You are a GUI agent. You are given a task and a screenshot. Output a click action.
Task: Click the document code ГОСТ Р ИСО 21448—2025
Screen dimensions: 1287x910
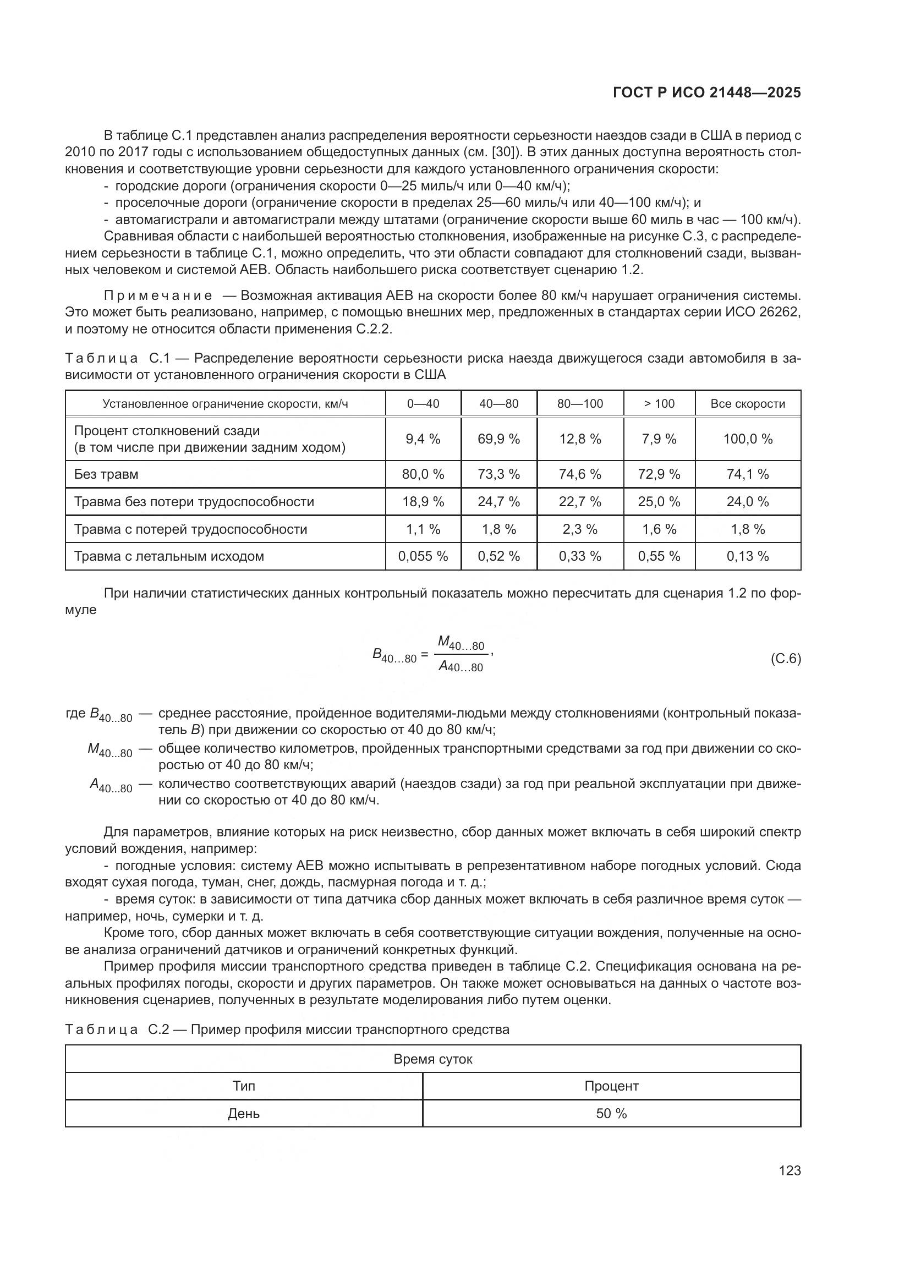pyautogui.click(x=707, y=92)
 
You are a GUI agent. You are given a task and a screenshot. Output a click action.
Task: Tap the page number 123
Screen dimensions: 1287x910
pyautogui.click(x=790, y=1170)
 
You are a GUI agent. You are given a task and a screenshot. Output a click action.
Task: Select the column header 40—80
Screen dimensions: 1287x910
pyautogui.click(x=498, y=403)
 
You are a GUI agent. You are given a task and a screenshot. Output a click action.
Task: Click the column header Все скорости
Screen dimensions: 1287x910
pyautogui.click(x=748, y=403)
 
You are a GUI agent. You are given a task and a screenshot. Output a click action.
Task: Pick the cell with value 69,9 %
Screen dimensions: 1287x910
pyautogui.click(x=498, y=439)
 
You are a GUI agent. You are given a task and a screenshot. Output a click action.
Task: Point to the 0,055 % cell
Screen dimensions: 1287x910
pyautogui.click(x=423, y=556)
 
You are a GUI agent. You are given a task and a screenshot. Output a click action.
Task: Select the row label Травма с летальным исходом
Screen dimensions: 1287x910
pyautogui.click(x=169, y=556)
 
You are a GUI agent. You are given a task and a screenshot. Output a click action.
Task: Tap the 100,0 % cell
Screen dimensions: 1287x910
pyautogui.click(x=748, y=439)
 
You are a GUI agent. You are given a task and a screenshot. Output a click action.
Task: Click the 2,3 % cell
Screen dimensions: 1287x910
pyautogui.click(x=580, y=529)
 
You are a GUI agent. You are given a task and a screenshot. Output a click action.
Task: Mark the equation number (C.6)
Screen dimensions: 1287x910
pyautogui.click(x=786, y=659)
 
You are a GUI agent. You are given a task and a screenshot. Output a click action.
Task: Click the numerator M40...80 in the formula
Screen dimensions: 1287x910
pyautogui.click(x=461, y=642)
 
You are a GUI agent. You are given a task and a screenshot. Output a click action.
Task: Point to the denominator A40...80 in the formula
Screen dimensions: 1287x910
pyautogui.click(x=461, y=666)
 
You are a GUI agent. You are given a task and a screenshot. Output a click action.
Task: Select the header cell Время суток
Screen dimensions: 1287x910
pyautogui.click(x=432, y=1059)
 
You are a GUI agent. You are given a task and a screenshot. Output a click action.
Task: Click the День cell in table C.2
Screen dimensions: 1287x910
pyautogui.click(x=244, y=1113)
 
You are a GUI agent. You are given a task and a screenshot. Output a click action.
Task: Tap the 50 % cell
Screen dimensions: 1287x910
pyautogui.click(x=611, y=1113)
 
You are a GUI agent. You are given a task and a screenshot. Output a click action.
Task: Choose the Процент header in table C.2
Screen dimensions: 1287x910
pyautogui.click(x=611, y=1086)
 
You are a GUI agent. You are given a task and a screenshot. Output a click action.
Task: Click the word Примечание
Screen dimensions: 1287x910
pyautogui.click(x=158, y=295)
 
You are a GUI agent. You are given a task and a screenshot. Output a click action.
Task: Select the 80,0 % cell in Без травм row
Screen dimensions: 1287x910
pyautogui.click(x=423, y=474)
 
